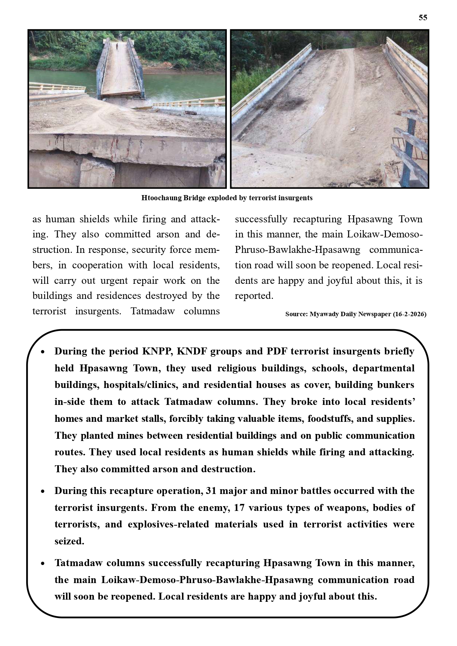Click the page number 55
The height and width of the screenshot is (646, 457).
click(x=423, y=18)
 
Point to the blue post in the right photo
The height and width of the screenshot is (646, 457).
click(x=409, y=147)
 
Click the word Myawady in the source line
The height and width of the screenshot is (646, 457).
click(x=324, y=314)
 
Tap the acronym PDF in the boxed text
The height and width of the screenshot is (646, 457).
click(x=277, y=351)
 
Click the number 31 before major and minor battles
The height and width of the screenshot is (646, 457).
click(x=211, y=491)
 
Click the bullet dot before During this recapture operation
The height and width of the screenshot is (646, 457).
click(x=43, y=491)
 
